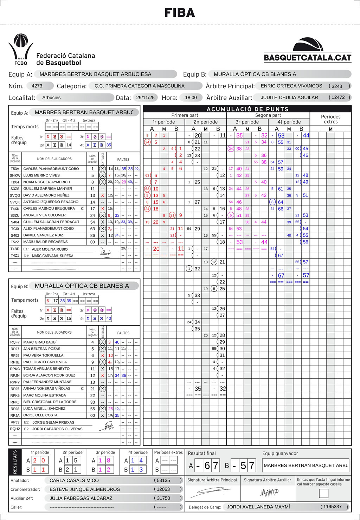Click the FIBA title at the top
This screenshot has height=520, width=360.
180,13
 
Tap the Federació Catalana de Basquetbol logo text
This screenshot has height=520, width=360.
65,59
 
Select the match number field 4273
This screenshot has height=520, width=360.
37,86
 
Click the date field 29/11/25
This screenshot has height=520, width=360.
146,97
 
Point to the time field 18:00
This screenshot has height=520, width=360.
191,97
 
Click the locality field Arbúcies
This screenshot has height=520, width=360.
51,97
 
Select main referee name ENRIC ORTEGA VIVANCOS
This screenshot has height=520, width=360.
291,86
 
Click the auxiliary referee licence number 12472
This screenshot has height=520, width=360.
338,97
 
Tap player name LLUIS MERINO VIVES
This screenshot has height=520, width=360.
41,175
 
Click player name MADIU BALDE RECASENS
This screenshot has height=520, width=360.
45,242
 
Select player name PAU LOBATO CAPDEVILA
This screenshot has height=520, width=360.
45,362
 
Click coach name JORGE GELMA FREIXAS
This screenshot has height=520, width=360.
53,422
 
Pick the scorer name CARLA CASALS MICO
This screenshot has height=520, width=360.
74,480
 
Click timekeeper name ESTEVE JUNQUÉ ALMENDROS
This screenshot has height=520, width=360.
85,489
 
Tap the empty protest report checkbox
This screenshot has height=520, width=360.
323,493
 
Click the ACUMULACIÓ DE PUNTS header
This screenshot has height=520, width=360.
247,109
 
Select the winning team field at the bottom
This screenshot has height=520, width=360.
306,466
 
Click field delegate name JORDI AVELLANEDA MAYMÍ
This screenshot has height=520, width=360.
258,507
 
